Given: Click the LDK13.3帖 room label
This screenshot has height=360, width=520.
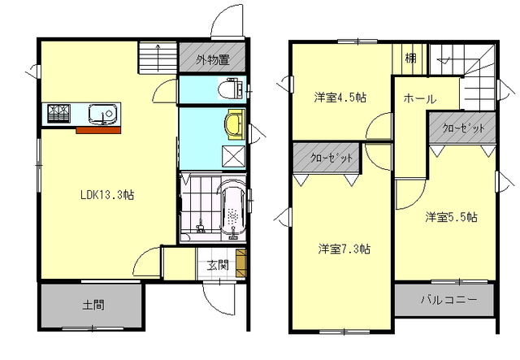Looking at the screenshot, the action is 107,195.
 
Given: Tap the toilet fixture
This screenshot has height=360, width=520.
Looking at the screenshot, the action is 231,89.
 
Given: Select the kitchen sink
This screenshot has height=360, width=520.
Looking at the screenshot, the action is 104,114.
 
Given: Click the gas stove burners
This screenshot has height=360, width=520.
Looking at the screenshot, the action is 58,114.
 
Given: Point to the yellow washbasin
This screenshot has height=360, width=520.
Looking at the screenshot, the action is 235,124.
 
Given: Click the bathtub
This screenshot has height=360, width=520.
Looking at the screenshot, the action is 233,210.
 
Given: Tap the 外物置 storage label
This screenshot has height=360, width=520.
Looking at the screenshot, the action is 213,60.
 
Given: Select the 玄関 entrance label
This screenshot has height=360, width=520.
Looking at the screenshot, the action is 218,266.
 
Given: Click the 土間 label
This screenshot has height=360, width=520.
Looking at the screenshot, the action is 93,305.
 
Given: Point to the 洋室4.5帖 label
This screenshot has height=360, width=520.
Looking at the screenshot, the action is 340,98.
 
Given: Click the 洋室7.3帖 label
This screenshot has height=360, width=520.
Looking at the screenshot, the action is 344,249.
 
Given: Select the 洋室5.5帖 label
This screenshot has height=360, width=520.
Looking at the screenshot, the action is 452,217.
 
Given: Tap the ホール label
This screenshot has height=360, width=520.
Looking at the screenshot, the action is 419,98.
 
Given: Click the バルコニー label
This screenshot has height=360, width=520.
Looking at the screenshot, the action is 449,300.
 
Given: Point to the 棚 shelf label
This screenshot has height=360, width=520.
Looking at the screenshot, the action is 410,58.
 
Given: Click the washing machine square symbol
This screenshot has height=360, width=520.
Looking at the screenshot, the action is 234,156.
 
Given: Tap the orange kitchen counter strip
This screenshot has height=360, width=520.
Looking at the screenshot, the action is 98,130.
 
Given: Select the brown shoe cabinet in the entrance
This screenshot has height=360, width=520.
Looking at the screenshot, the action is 241,263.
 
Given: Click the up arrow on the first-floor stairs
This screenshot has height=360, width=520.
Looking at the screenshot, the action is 158,58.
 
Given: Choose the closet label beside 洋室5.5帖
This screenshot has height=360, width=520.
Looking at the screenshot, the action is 463,128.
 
